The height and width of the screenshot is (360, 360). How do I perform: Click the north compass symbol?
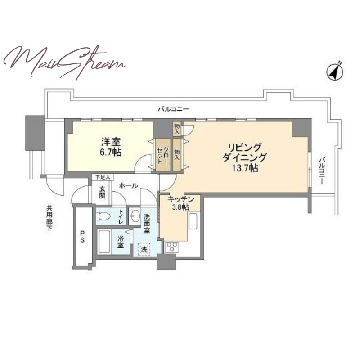[x=335, y=72]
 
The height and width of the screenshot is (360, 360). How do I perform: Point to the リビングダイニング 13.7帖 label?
[x=245, y=157]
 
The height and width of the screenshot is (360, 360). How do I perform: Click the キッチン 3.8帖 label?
[x=181, y=203]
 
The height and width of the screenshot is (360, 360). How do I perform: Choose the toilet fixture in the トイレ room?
[x=103, y=216]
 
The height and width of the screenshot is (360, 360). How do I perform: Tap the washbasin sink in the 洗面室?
[x=134, y=216]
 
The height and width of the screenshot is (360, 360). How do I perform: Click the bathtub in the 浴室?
[x=104, y=242]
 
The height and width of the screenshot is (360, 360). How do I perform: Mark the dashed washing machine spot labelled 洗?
[x=144, y=249]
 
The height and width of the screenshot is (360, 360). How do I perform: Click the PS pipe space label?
[x=82, y=237]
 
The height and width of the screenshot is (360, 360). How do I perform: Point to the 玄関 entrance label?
[x=103, y=193]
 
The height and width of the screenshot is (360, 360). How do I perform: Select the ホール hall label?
[x=128, y=185]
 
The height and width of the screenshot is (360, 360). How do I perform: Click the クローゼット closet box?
[x=163, y=155]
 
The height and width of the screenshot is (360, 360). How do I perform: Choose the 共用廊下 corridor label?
[x=49, y=218]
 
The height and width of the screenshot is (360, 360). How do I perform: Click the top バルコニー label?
[x=173, y=109]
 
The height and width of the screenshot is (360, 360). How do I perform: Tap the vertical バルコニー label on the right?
[x=322, y=171]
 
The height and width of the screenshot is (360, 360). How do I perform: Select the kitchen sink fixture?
[x=193, y=221]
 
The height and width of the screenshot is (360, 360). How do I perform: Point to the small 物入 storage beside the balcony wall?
[x=177, y=129]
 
